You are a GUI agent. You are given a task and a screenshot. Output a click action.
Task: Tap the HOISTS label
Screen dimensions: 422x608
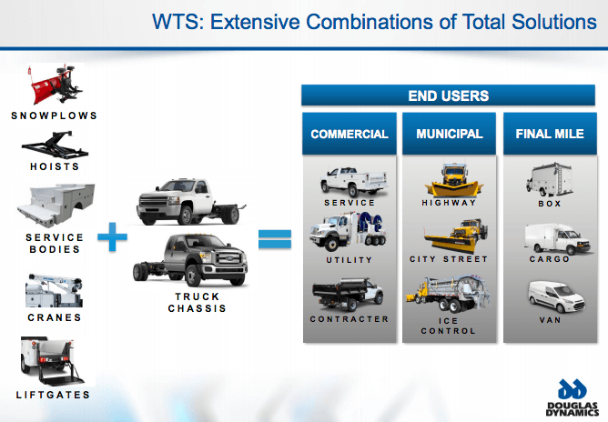point(54,167)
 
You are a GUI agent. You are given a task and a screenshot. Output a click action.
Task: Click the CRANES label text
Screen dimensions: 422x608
point(54,317)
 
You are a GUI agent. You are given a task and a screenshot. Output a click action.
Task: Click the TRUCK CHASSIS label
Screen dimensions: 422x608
point(197,303)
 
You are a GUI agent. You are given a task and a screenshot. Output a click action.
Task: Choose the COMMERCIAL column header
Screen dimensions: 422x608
point(350,134)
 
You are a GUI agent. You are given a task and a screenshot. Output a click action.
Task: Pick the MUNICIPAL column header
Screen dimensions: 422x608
point(449,134)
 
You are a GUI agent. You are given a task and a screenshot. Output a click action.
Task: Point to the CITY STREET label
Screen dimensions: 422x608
point(449,259)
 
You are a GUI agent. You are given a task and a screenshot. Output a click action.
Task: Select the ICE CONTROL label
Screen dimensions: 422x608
point(449,325)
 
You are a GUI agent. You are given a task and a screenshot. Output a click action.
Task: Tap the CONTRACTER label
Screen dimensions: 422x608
point(350,319)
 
